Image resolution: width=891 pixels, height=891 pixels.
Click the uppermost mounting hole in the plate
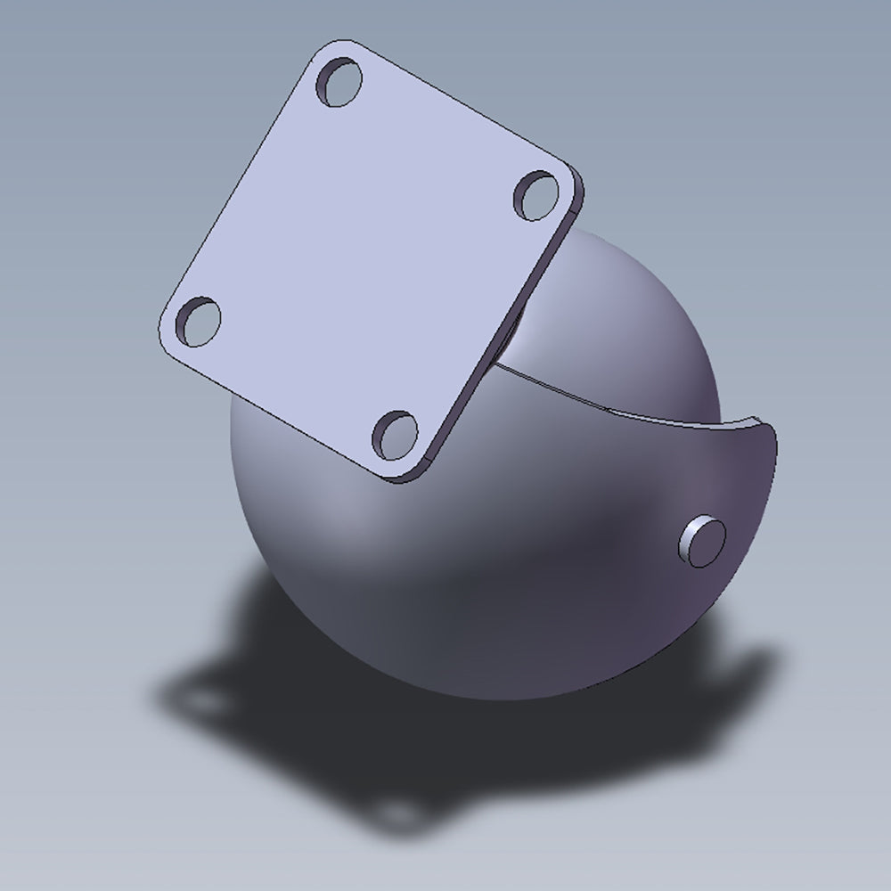[x=339, y=83]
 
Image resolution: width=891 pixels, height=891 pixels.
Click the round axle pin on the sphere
[x=703, y=540]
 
